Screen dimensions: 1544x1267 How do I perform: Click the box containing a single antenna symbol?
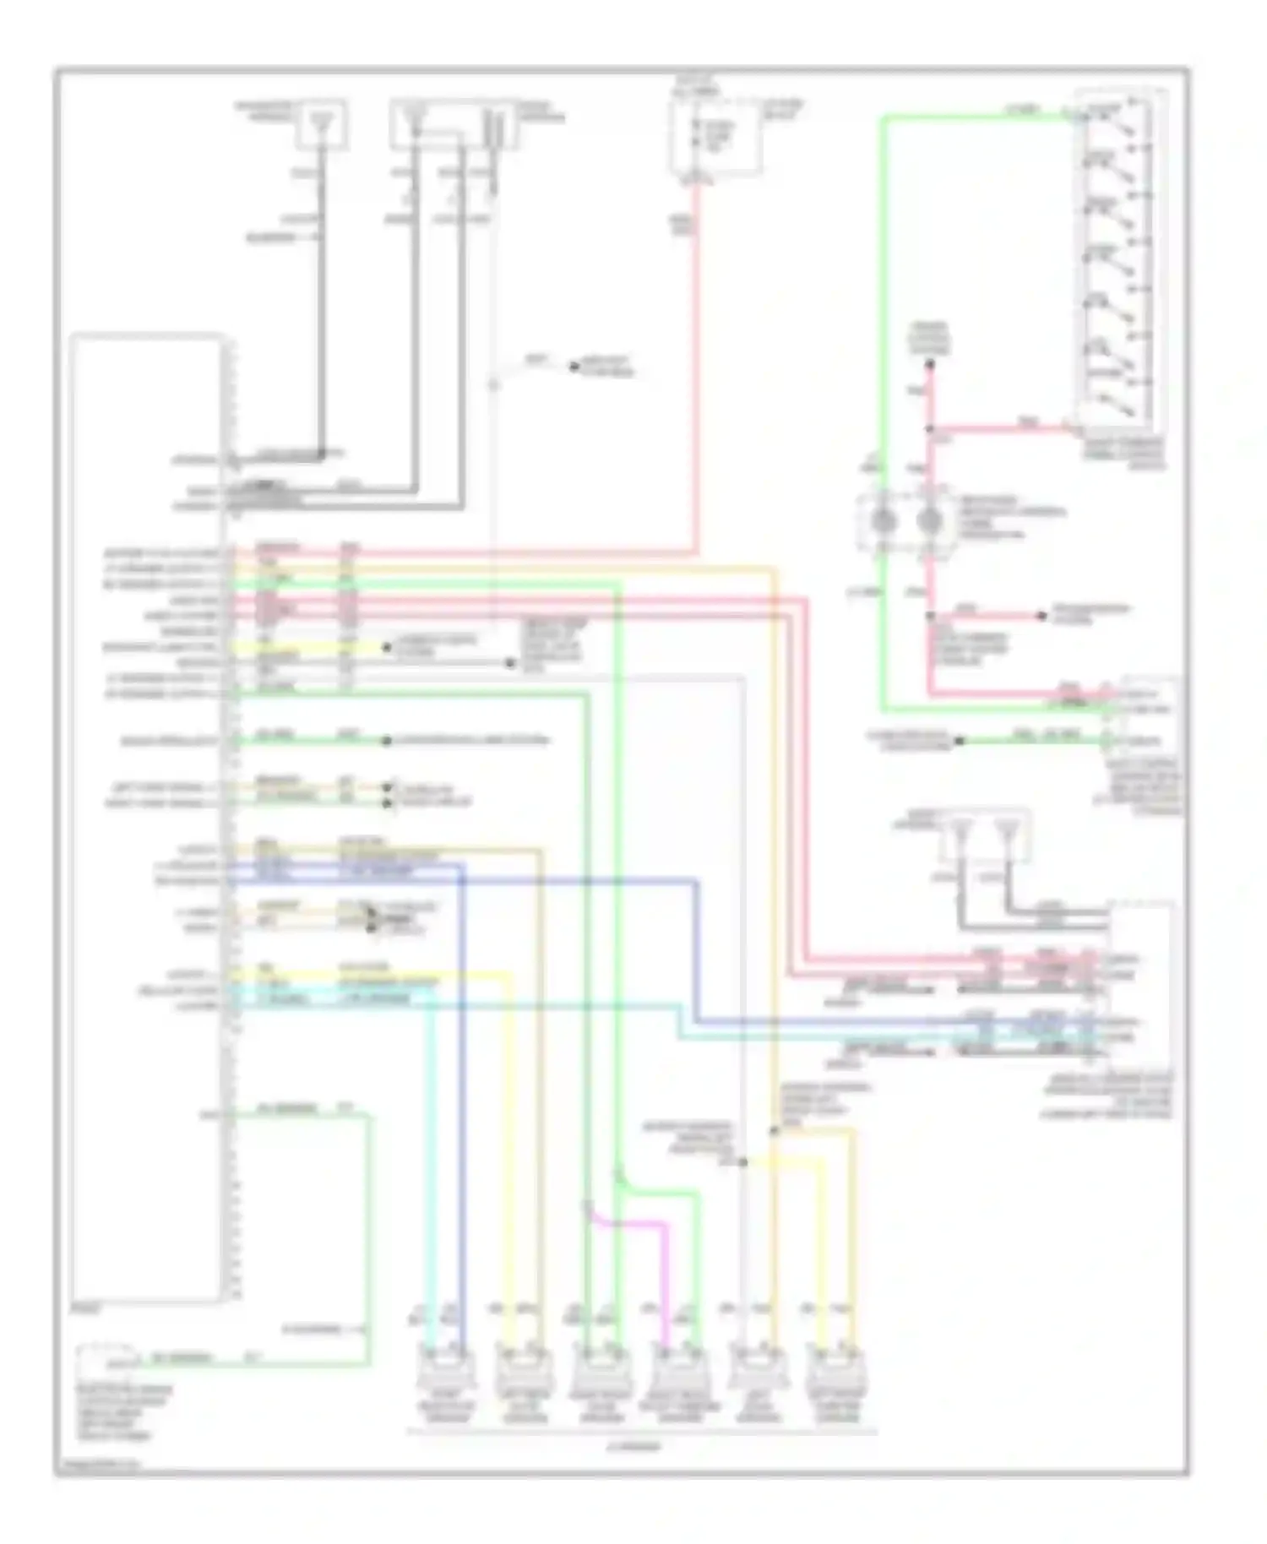[321, 125]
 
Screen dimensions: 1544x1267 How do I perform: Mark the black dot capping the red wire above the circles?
[929, 365]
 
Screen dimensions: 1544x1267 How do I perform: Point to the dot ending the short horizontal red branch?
[1042, 616]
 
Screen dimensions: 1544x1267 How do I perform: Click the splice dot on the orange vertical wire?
[774, 1130]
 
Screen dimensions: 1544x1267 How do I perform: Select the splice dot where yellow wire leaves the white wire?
[744, 1162]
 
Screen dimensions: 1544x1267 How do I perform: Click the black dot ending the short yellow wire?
[387, 648]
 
